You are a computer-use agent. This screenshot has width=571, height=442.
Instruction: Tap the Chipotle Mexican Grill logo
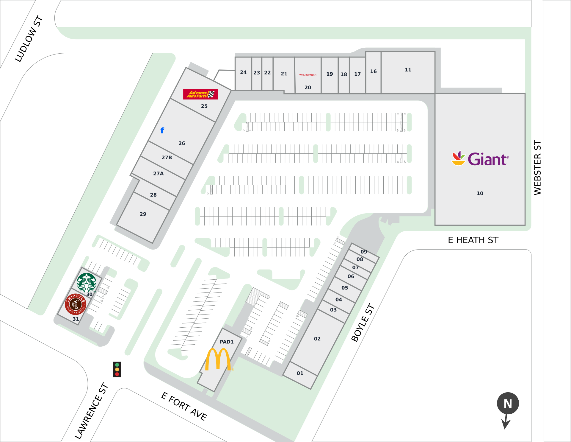tap(76, 304)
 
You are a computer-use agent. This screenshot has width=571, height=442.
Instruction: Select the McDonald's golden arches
tap(218, 359)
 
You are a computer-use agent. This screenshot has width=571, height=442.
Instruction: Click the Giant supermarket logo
tap(480, 159)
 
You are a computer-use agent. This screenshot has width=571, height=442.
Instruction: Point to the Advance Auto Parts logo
tap(201, 94)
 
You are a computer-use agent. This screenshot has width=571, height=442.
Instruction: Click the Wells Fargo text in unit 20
tap(308, 75)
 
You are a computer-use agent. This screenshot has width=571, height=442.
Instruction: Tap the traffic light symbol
tap(117, 369)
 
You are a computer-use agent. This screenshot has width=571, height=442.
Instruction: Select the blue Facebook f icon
tap(162, 130)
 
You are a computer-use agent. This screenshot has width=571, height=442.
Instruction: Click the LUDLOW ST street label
tap(29, 39)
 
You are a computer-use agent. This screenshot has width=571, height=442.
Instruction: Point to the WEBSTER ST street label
tap(537, 167)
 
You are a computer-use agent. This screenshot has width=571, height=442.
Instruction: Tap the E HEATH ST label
tap(473, 240)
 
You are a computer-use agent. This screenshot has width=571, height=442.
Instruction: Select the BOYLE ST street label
tap(363, 323)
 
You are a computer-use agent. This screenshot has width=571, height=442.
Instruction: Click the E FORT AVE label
tap(184, 406)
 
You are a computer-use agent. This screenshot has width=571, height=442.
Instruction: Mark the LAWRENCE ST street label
tap(91, 411)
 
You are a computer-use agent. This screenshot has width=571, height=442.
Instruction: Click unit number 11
tap(408, 70)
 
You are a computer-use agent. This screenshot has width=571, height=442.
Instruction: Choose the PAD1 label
tap(227, 342)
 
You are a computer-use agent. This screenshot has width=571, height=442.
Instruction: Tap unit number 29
tap(143, 214)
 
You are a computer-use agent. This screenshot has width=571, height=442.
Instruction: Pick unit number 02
tap(317, 339)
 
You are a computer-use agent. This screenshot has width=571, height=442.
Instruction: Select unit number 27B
tap(167, 158)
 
